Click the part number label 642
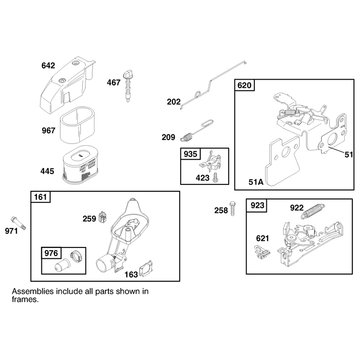click(x=48, y=66)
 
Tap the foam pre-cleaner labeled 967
click(x=77, y=125)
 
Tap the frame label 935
click(x=190, y=154)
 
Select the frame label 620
click(x=244, y=85)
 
